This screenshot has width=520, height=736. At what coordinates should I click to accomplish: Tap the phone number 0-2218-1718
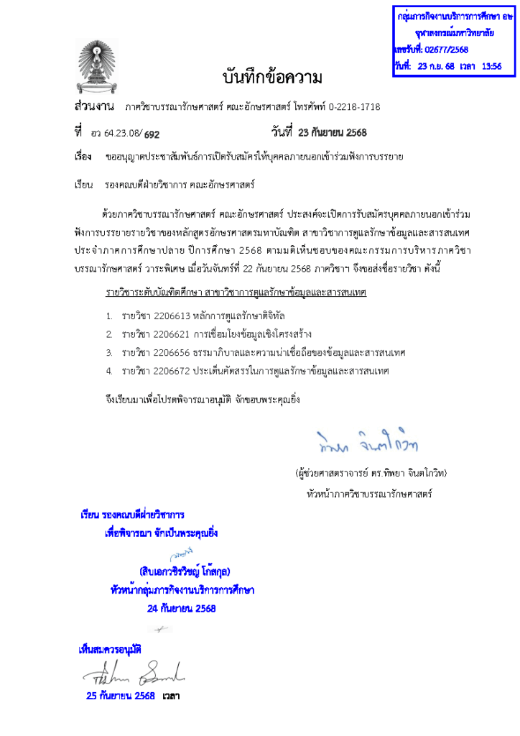tap(348, 107)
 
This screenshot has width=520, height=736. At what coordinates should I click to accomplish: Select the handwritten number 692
tap(152, 133)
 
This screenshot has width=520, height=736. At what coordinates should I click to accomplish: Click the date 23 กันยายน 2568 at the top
tap(328, 132)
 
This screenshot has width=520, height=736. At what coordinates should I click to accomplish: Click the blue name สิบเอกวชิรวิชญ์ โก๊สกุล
tap(185, 572)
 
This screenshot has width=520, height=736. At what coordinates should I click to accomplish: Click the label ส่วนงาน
tap(95, 107)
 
